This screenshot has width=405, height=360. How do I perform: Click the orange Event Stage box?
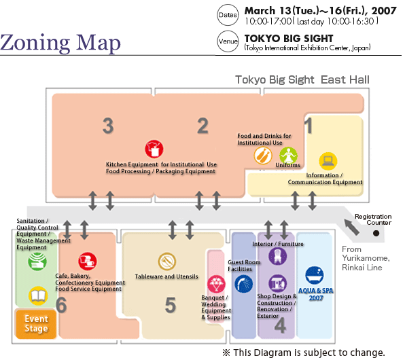point(36,324)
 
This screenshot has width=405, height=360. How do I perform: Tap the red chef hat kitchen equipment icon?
point(154,149)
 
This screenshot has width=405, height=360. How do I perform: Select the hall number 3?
point(108,126)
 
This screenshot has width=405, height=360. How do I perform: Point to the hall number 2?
point(202,126)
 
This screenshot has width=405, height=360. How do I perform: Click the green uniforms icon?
point(288,156)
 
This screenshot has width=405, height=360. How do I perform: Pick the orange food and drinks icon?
point(263,156)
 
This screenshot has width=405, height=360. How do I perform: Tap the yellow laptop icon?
point(328,161)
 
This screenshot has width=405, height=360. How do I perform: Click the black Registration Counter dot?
point(376,233)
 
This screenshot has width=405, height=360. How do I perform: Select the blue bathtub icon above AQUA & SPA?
point(315,275)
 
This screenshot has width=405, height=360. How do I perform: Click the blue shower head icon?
point(243,284)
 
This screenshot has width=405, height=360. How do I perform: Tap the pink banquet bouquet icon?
point(216,284)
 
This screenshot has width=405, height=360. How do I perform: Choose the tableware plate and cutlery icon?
point(167,262)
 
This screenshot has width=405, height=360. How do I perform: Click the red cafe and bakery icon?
point(88,262)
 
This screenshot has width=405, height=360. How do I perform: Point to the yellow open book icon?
point(38,295)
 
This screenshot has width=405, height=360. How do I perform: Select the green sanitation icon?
point(37,262)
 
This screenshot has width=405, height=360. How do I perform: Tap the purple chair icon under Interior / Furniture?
point(278,257)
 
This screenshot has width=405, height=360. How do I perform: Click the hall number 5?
point(171,305)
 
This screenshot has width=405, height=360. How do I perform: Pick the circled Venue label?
point(228,41)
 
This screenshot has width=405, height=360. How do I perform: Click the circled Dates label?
point(228,15)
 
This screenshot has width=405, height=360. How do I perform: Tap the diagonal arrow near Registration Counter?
point(352,228)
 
